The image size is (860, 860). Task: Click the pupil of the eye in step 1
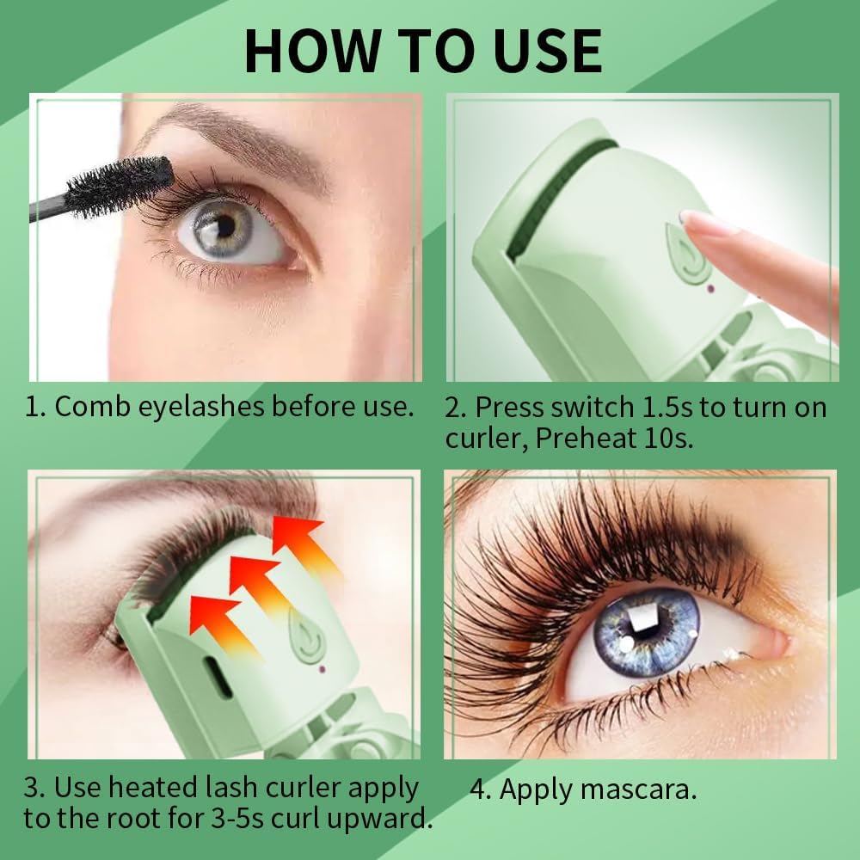click(x=225, y=225)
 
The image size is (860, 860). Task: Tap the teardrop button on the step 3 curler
click(x=307, y=636)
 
